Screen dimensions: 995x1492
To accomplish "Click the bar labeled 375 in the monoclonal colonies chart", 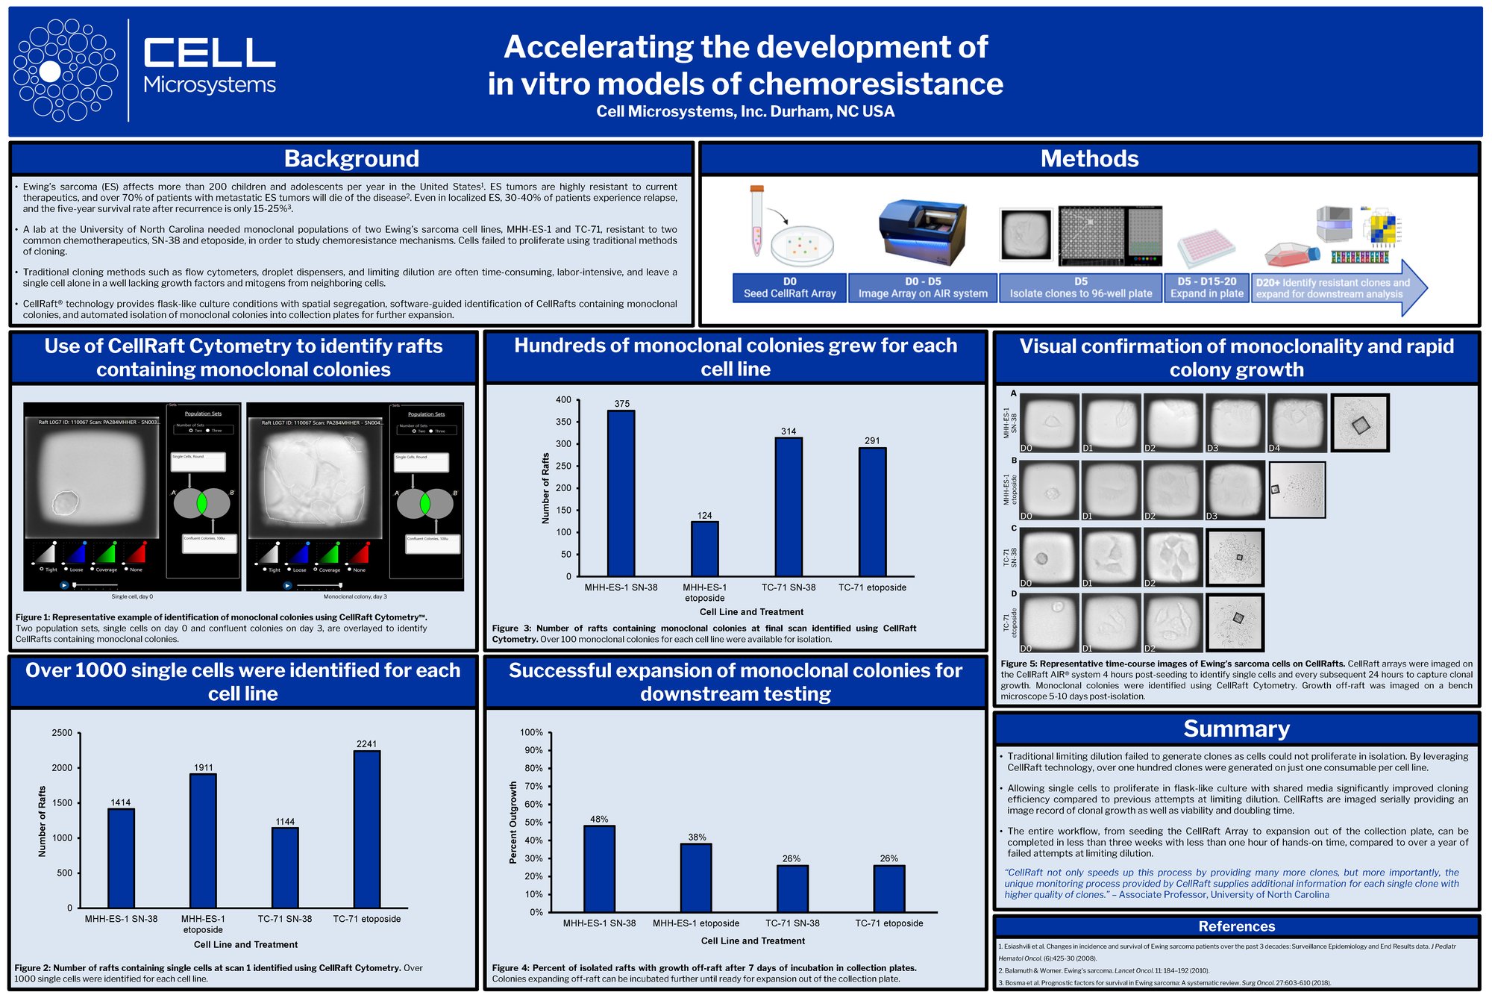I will pyautogui.click(x=621, y=493).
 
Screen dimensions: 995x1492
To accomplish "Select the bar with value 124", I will pyautogui.click(x=704, y=549).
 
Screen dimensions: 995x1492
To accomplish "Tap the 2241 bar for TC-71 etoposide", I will pyautogui.click(x=366, y=829).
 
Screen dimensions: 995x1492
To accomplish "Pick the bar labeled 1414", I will pyautogui.click(x=121, y=858).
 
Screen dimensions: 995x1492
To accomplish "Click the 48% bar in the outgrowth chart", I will pyautogui.click(x=599, y=869).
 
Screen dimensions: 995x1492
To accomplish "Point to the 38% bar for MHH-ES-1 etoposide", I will pyautogui.click(x=696, y=878).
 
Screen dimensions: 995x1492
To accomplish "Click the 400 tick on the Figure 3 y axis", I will pyautogui.click(x=563, y=400).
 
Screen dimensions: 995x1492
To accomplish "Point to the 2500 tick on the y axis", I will pyautogui.click(x=62, y=733).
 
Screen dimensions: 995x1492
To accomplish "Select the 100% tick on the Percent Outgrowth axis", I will pyautogui.click(x=531, y=733).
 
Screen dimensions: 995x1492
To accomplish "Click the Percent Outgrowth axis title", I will pyautogui.click(x=513, y=823).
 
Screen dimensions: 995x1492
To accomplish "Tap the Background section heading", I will pyautogui.click(x=351, y=159).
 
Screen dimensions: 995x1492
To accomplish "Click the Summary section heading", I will pyautogui.click(x=1236, y=729).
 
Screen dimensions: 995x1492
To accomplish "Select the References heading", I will pyautogui.click(x=1236, y=926).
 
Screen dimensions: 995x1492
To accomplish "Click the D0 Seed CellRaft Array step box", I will pyautogui.click(x=789, y=287).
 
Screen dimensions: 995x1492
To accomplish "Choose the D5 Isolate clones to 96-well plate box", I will pyautogui.click(x=1080, y=287).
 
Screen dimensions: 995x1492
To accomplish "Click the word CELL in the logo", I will pyautogui.click(x=210, y=53).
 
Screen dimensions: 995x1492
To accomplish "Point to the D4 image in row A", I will pyautogui.click(x=1297, y=422).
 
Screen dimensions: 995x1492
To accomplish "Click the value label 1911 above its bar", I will pyautogui.click(x=204, y=767).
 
